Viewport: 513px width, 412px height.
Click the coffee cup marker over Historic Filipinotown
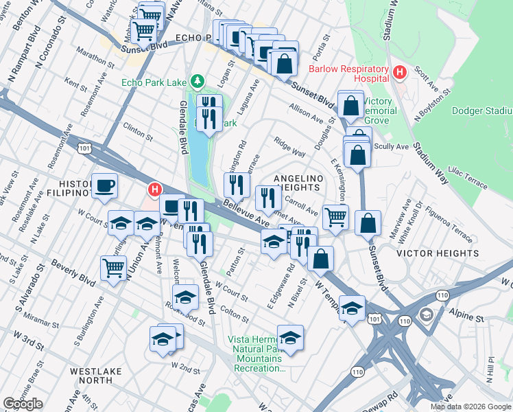[104, 185]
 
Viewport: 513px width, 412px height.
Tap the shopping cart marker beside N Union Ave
[113, 268]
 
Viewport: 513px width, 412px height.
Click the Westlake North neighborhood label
[100, 376]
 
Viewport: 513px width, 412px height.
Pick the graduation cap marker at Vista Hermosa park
[291, 338]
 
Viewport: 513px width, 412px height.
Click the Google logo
[23, 404]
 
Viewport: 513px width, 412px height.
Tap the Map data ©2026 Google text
[470, 407]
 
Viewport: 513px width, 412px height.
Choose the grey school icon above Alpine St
[426, 314]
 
